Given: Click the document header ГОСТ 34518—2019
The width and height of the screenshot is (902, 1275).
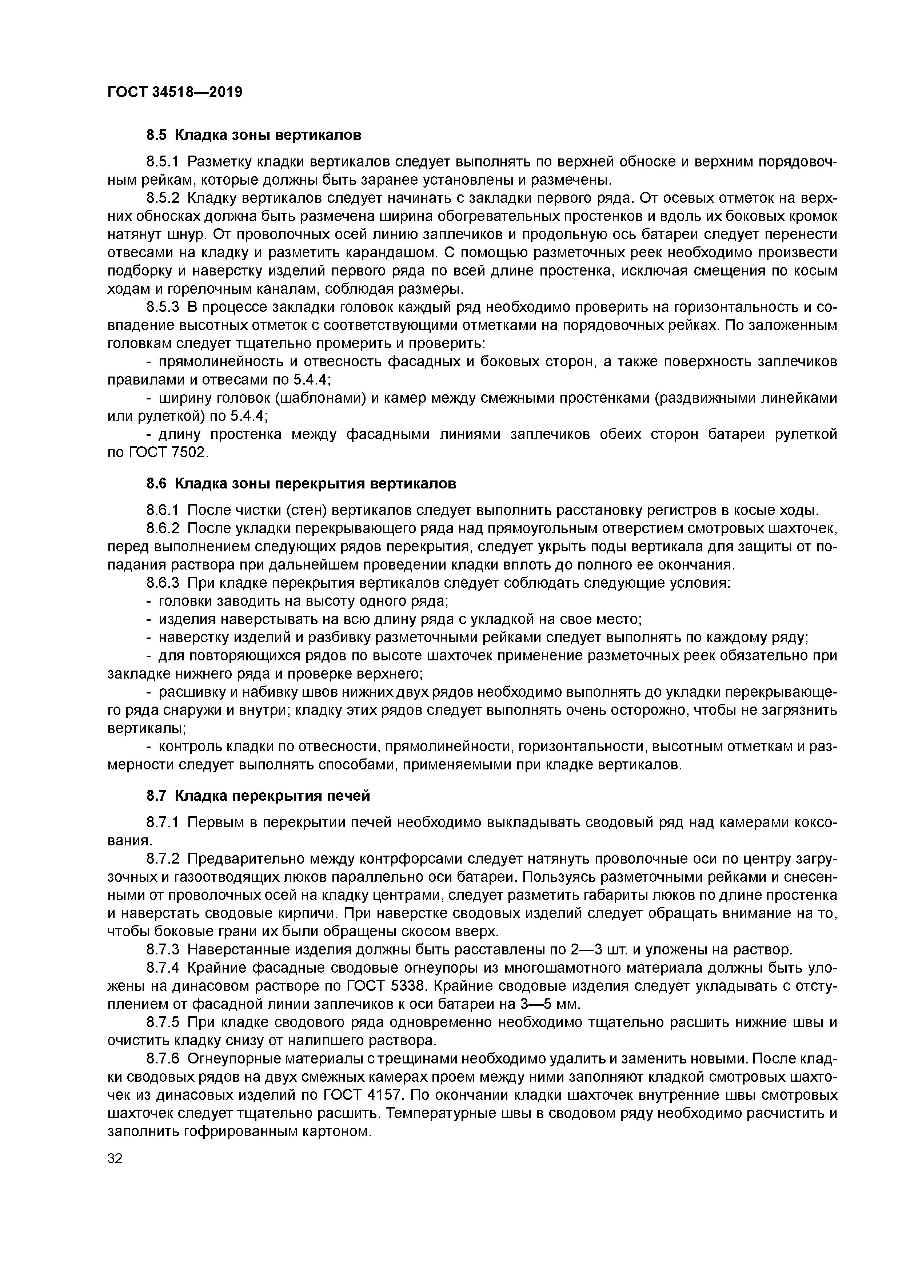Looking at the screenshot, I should coord(175,92).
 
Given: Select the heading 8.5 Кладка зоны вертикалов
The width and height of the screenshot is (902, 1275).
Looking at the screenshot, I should coord(254,135).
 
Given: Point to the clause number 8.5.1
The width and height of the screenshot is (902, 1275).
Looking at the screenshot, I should coord(163,162).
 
